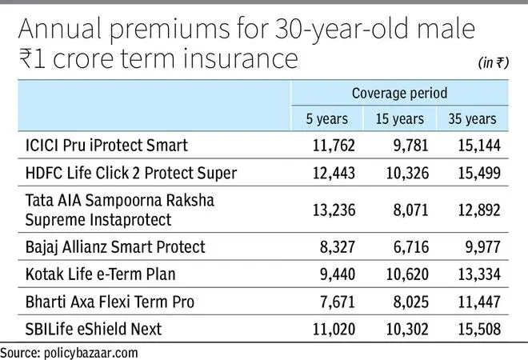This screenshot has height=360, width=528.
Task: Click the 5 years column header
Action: click(x=326, y=119)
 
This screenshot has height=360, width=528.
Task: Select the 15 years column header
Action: click(x=400, y=119)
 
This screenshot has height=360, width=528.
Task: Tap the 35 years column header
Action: click(x=472, y=119)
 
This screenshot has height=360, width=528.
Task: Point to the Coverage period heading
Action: click(x=400, y=93)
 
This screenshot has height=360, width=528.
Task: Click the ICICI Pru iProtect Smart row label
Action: click(x=106, y=146)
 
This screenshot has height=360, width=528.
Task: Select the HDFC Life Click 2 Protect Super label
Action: click(x=131, y=173)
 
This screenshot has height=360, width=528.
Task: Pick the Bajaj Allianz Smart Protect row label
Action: click(x=115, y=247)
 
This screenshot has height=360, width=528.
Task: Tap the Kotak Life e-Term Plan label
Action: click(x=100, y=274)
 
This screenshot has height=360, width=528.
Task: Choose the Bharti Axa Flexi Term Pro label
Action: click(x=110, y=302)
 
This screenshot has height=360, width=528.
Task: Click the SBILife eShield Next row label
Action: click(x=94, y=329)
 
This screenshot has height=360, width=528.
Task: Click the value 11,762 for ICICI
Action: click(x=334, y=146)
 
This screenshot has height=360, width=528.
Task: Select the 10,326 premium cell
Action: click(x=407, y=173)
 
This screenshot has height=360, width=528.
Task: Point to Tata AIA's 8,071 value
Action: click(x=411, y=210)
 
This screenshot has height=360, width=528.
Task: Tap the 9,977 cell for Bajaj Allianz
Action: click(x=483, y=247)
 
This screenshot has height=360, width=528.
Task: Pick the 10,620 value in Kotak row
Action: click(x=407, y=274)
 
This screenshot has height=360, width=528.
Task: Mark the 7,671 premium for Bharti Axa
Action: click(x=338, y=302)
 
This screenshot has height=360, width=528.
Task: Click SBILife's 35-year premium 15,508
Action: click(x=479, y=329)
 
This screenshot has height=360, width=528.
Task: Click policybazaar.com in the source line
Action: click(x=91, y=354)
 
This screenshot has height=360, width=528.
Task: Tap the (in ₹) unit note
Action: click(x=494, y=62)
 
